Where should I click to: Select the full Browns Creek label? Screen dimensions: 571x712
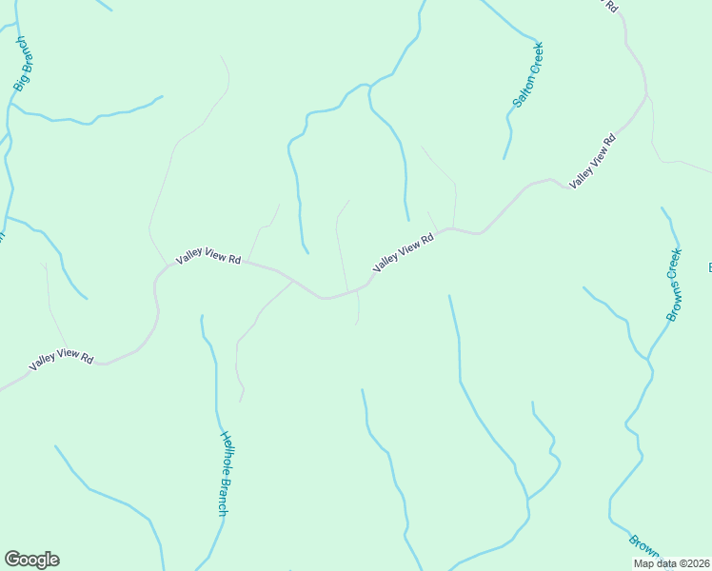coord(674,285)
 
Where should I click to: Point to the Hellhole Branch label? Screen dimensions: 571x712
coord(225,474)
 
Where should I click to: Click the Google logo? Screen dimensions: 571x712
coord(31,560)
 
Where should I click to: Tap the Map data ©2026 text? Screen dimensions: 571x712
coord(671,563)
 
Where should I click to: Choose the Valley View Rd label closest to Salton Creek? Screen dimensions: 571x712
coord(593,159)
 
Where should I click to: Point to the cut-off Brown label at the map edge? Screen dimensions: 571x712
coord(644,545)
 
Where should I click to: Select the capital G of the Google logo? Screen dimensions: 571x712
coord(13,560)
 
